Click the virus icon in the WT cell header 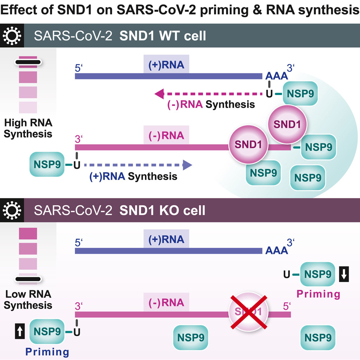[x=12, y=36]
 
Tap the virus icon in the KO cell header [x=12, y=210]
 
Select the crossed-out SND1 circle [x=248, y=311]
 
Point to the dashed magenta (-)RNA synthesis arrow [x=210, y=94]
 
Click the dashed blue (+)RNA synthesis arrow [x=137, y=166]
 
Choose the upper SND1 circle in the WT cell [x=287, y=123]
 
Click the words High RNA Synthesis [x=28, y=129]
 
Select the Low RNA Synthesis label [x=28, y=300]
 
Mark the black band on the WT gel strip [x=28, y=62]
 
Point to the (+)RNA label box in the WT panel [x=166, y=65]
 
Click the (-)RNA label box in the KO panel [x=166, y=303]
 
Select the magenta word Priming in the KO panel [x=318, y=294]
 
